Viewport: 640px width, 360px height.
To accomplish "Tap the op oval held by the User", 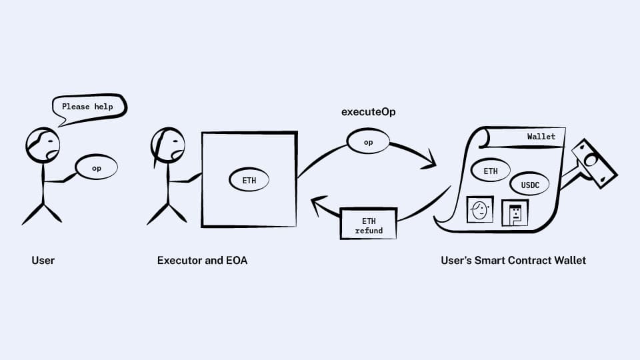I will point(97,168).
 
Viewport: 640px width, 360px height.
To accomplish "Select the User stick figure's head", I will point(43,145).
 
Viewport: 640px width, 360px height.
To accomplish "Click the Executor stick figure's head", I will point(168,145).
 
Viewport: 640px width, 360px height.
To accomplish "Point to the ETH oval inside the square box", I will point(249,179).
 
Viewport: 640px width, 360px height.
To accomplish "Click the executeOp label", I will point(368,111).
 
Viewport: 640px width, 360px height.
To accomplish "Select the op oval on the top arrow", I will point(368,142).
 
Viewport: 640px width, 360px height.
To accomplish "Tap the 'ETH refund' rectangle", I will point(369,225).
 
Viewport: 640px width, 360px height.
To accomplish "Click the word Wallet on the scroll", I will point(541,137).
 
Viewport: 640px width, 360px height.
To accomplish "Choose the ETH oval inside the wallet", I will point(491,171).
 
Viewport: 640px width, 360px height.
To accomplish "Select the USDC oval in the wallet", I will point(529,184).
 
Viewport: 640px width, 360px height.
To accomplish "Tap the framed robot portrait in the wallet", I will point(515,213).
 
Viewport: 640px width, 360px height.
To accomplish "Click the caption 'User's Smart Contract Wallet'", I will point(513,261).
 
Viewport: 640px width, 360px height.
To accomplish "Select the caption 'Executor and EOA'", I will point(202,261).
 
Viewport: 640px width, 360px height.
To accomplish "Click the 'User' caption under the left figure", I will point(43,261).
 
